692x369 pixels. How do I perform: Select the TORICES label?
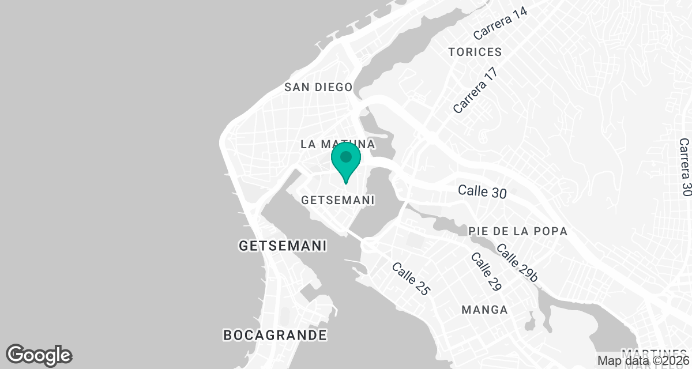click(x=475, y=52)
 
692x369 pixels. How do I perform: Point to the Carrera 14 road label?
click(x=500, y=25)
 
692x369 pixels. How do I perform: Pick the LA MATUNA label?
click(x=338, y=144)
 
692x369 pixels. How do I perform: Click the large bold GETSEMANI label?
click(x=283, y=246)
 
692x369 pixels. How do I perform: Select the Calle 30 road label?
click(x=482, y=191)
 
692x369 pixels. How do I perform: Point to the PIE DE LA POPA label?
click(x=518, y=231)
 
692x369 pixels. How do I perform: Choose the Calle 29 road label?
click(x=486, y=272)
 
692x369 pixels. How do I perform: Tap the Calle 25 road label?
click(x=411, y=279)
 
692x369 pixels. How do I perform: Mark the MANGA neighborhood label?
click(x=484, y=310)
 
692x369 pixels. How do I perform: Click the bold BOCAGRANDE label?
click(x=274, y=334)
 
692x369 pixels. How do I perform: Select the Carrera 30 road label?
click(x=685, y=167)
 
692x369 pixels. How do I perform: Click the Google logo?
click(x=39, y=355)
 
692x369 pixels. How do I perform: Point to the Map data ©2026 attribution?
click(x=642, y=361)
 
